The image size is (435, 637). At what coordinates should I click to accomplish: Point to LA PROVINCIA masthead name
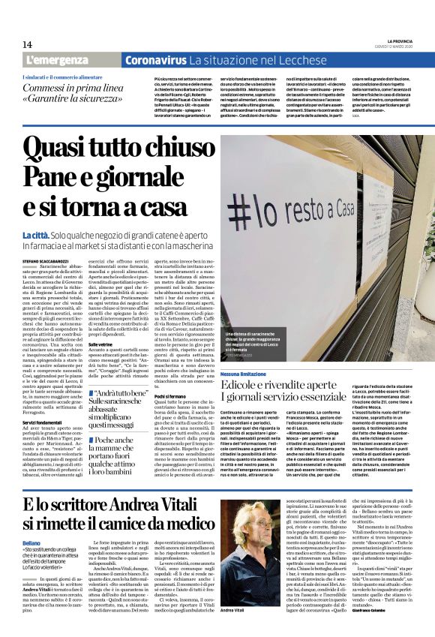coord(404,41)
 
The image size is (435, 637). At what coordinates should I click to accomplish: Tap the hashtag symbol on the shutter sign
coord(255,207)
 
